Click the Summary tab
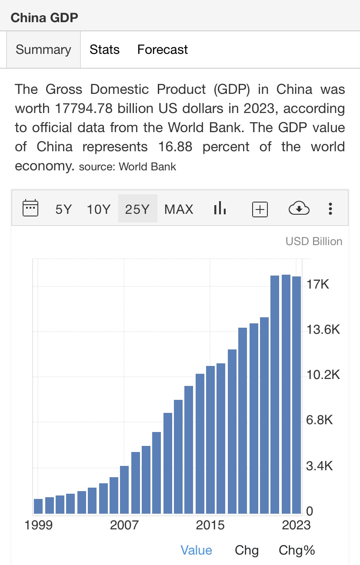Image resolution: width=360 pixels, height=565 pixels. pos(43,50)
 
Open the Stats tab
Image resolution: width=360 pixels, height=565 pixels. pos(104,50)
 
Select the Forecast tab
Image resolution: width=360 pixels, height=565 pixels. pos(162,50)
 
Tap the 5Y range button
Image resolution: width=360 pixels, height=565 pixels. pos(63,209)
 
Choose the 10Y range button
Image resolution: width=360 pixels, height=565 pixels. pos(99,209)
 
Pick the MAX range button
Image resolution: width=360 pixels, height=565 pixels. pos(179,209)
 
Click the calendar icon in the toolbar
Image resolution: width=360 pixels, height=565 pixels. pos(30,209)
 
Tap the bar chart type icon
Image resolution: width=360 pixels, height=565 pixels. pos(220,209)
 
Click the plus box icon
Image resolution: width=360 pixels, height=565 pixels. pos(260,209)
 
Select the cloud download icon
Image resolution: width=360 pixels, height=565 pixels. pos(299,209)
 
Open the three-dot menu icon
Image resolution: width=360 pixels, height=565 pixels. pos(330,209)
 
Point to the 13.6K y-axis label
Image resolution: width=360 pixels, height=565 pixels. pos(323,330)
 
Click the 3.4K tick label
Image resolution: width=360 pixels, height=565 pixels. pos(319,467)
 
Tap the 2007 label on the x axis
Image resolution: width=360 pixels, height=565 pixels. pos(124,525)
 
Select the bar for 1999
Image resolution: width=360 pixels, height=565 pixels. pos(38,506)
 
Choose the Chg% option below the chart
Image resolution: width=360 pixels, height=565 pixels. pos(297,550)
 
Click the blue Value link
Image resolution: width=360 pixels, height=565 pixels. pos(196,550)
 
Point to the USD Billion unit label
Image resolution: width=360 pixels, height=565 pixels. pos(313,241)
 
